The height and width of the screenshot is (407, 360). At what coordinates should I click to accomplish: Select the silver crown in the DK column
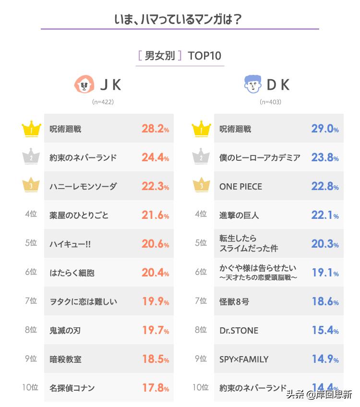201,157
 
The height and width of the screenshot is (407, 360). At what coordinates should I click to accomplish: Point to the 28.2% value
155,129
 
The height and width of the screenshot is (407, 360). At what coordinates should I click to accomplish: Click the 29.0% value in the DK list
325,129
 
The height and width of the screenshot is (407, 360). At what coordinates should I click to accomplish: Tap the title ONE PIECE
240,186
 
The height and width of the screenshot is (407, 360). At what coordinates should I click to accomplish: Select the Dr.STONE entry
239,330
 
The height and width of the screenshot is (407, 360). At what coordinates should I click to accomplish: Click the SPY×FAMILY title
243,359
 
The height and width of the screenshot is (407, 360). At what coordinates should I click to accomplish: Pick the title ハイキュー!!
70,244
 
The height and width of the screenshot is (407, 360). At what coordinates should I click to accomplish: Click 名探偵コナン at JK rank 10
72,388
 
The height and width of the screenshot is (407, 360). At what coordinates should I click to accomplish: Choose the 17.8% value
155,388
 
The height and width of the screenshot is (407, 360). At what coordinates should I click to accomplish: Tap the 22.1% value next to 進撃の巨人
325,215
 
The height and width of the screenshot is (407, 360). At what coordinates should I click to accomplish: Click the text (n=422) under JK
103,102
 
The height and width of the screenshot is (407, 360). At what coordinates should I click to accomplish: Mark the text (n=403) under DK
270,102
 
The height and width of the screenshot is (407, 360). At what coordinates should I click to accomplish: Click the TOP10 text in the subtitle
204,56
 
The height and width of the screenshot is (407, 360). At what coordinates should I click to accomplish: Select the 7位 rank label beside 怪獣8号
201,301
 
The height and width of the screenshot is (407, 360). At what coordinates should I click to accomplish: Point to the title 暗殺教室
65,359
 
